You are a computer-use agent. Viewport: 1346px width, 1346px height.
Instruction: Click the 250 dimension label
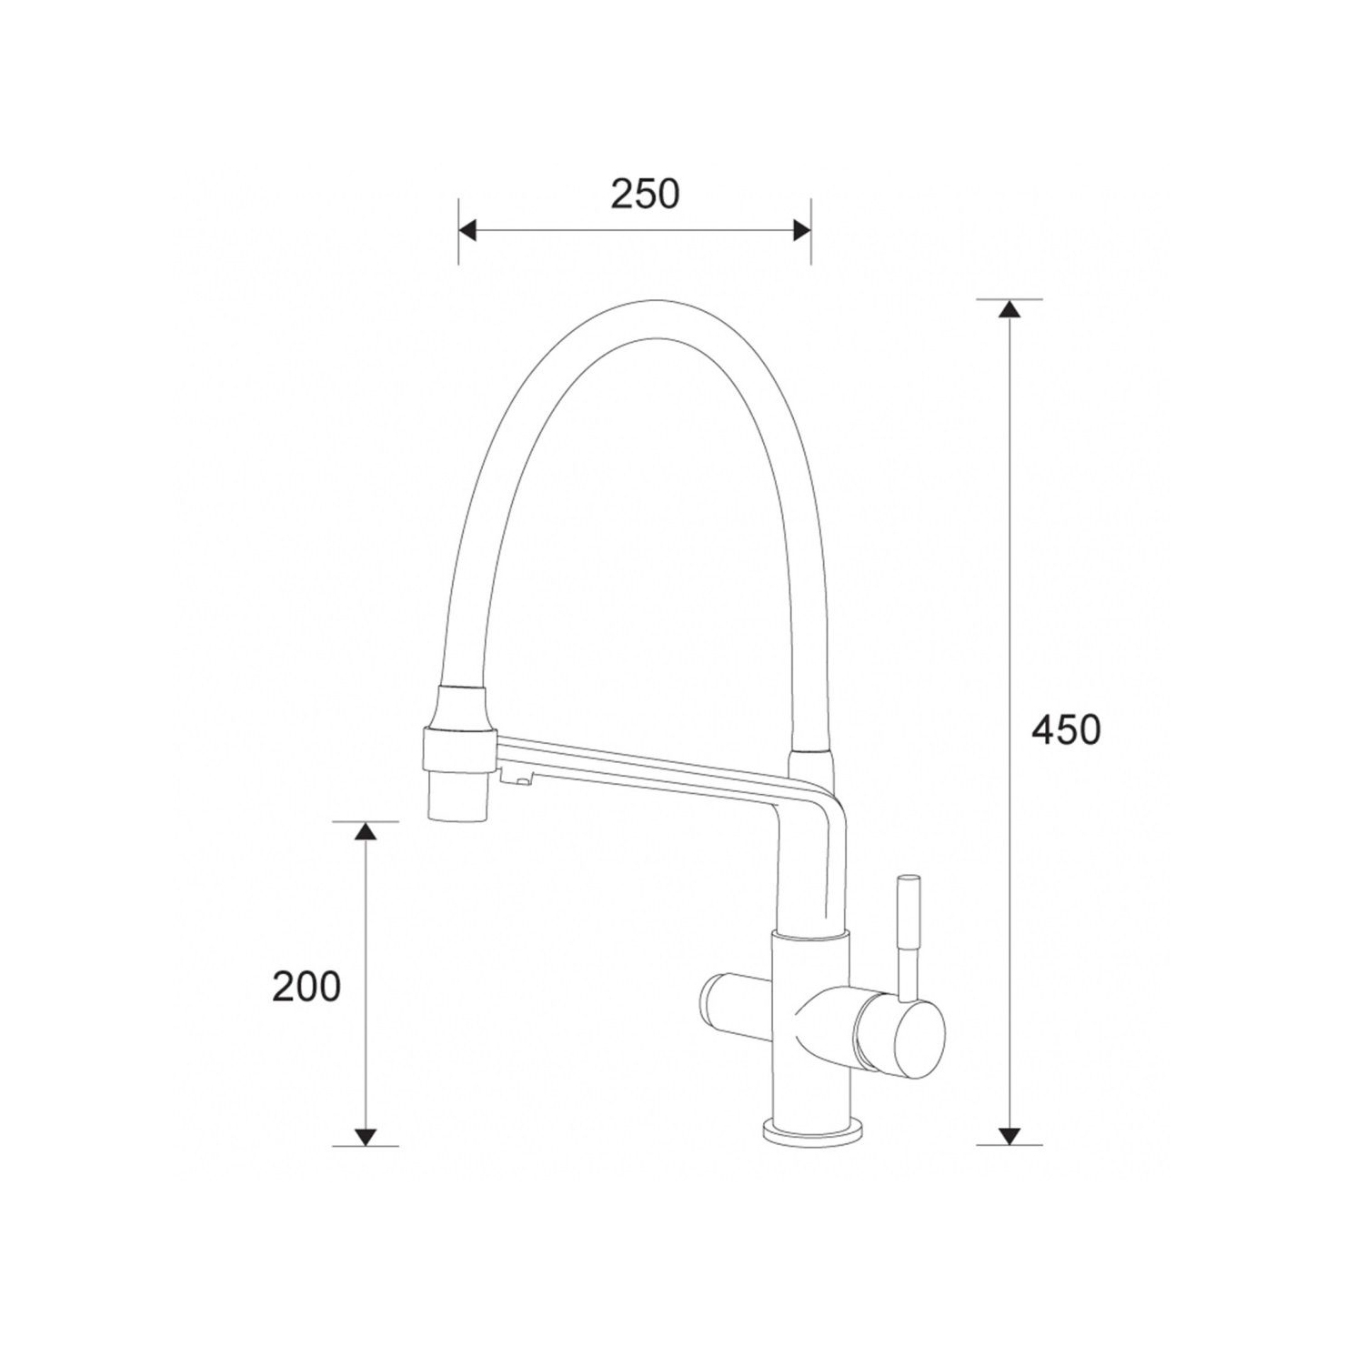(x=645, y=194)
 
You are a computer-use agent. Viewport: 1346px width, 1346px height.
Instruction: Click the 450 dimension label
(x=1066, y=729)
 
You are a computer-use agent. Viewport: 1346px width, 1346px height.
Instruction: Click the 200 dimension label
(x=306, y=987)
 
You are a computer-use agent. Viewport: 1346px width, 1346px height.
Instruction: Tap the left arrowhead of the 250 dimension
(x=467, y=231)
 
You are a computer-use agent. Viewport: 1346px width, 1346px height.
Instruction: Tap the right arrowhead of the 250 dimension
(x=801, y=231)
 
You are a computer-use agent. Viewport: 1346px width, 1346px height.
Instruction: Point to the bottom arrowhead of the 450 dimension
(x=1007, y=1135)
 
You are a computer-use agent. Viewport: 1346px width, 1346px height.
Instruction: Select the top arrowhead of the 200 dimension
(x=365, y=831)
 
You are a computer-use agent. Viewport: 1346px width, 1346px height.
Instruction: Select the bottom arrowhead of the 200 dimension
(x=365, y=1135)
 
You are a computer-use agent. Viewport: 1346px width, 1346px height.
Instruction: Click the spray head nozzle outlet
(x=458, y=797)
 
